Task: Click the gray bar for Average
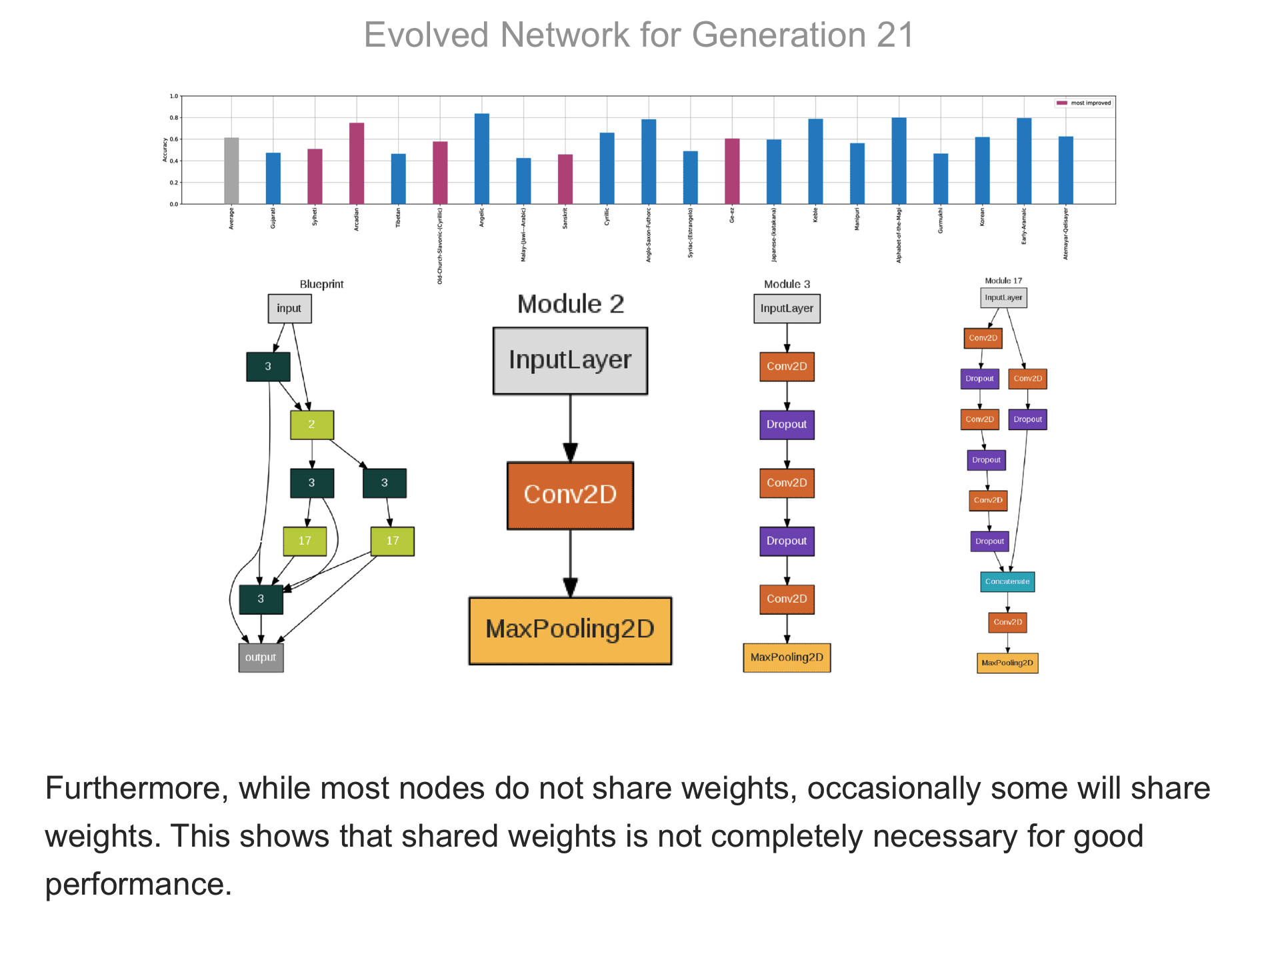coord(231,171)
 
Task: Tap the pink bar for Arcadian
coord(357,163)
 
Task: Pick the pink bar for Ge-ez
coord(732,171)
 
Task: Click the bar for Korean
coord(982,171)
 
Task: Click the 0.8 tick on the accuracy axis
coord(174,118)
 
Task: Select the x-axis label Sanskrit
coord(565,219)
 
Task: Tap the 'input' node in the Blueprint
coord(289,309)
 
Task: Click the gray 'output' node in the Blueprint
coord(261,657)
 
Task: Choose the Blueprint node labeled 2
coord(311,425)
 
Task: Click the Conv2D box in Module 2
coord(570,495)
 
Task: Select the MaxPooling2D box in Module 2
coord(570,630)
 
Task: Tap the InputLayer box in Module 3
coord(787,309)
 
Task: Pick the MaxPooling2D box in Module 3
coord(787,657)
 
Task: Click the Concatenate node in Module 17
coord(1007,582)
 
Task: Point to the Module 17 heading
coord(1003,281)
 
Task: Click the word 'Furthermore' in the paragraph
coord(131,789)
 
